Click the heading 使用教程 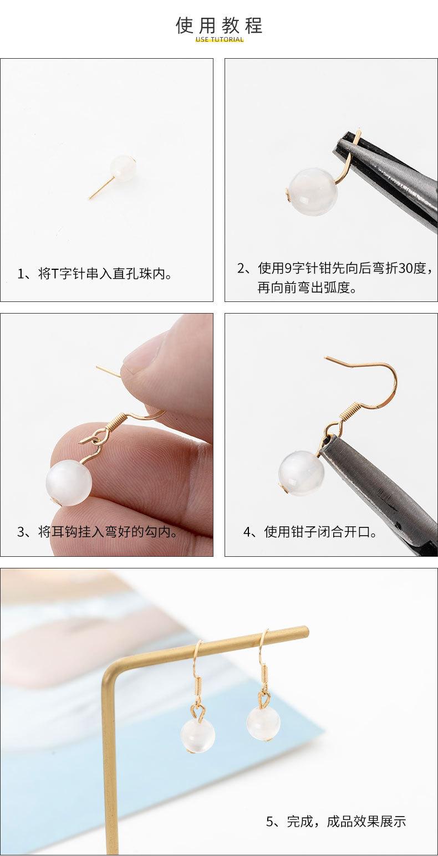[x=219, y=25]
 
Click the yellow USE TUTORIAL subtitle [x=220, y=40]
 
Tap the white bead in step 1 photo [x=123, y=168]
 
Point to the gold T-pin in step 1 [x=101, y=188]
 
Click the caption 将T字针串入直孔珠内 [x=95, y=274]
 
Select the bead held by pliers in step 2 [x=313, y=192]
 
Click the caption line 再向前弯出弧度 [x=307, y=288]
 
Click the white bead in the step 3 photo [x=69, y=482]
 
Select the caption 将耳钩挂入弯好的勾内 [x=98, y=532]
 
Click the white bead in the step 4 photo [x=301, y=473]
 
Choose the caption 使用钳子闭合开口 [x=310, y=532]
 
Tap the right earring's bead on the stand [x=263, y=722]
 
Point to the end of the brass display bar [x=304, y=631]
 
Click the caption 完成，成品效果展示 [x=336, y=821]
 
